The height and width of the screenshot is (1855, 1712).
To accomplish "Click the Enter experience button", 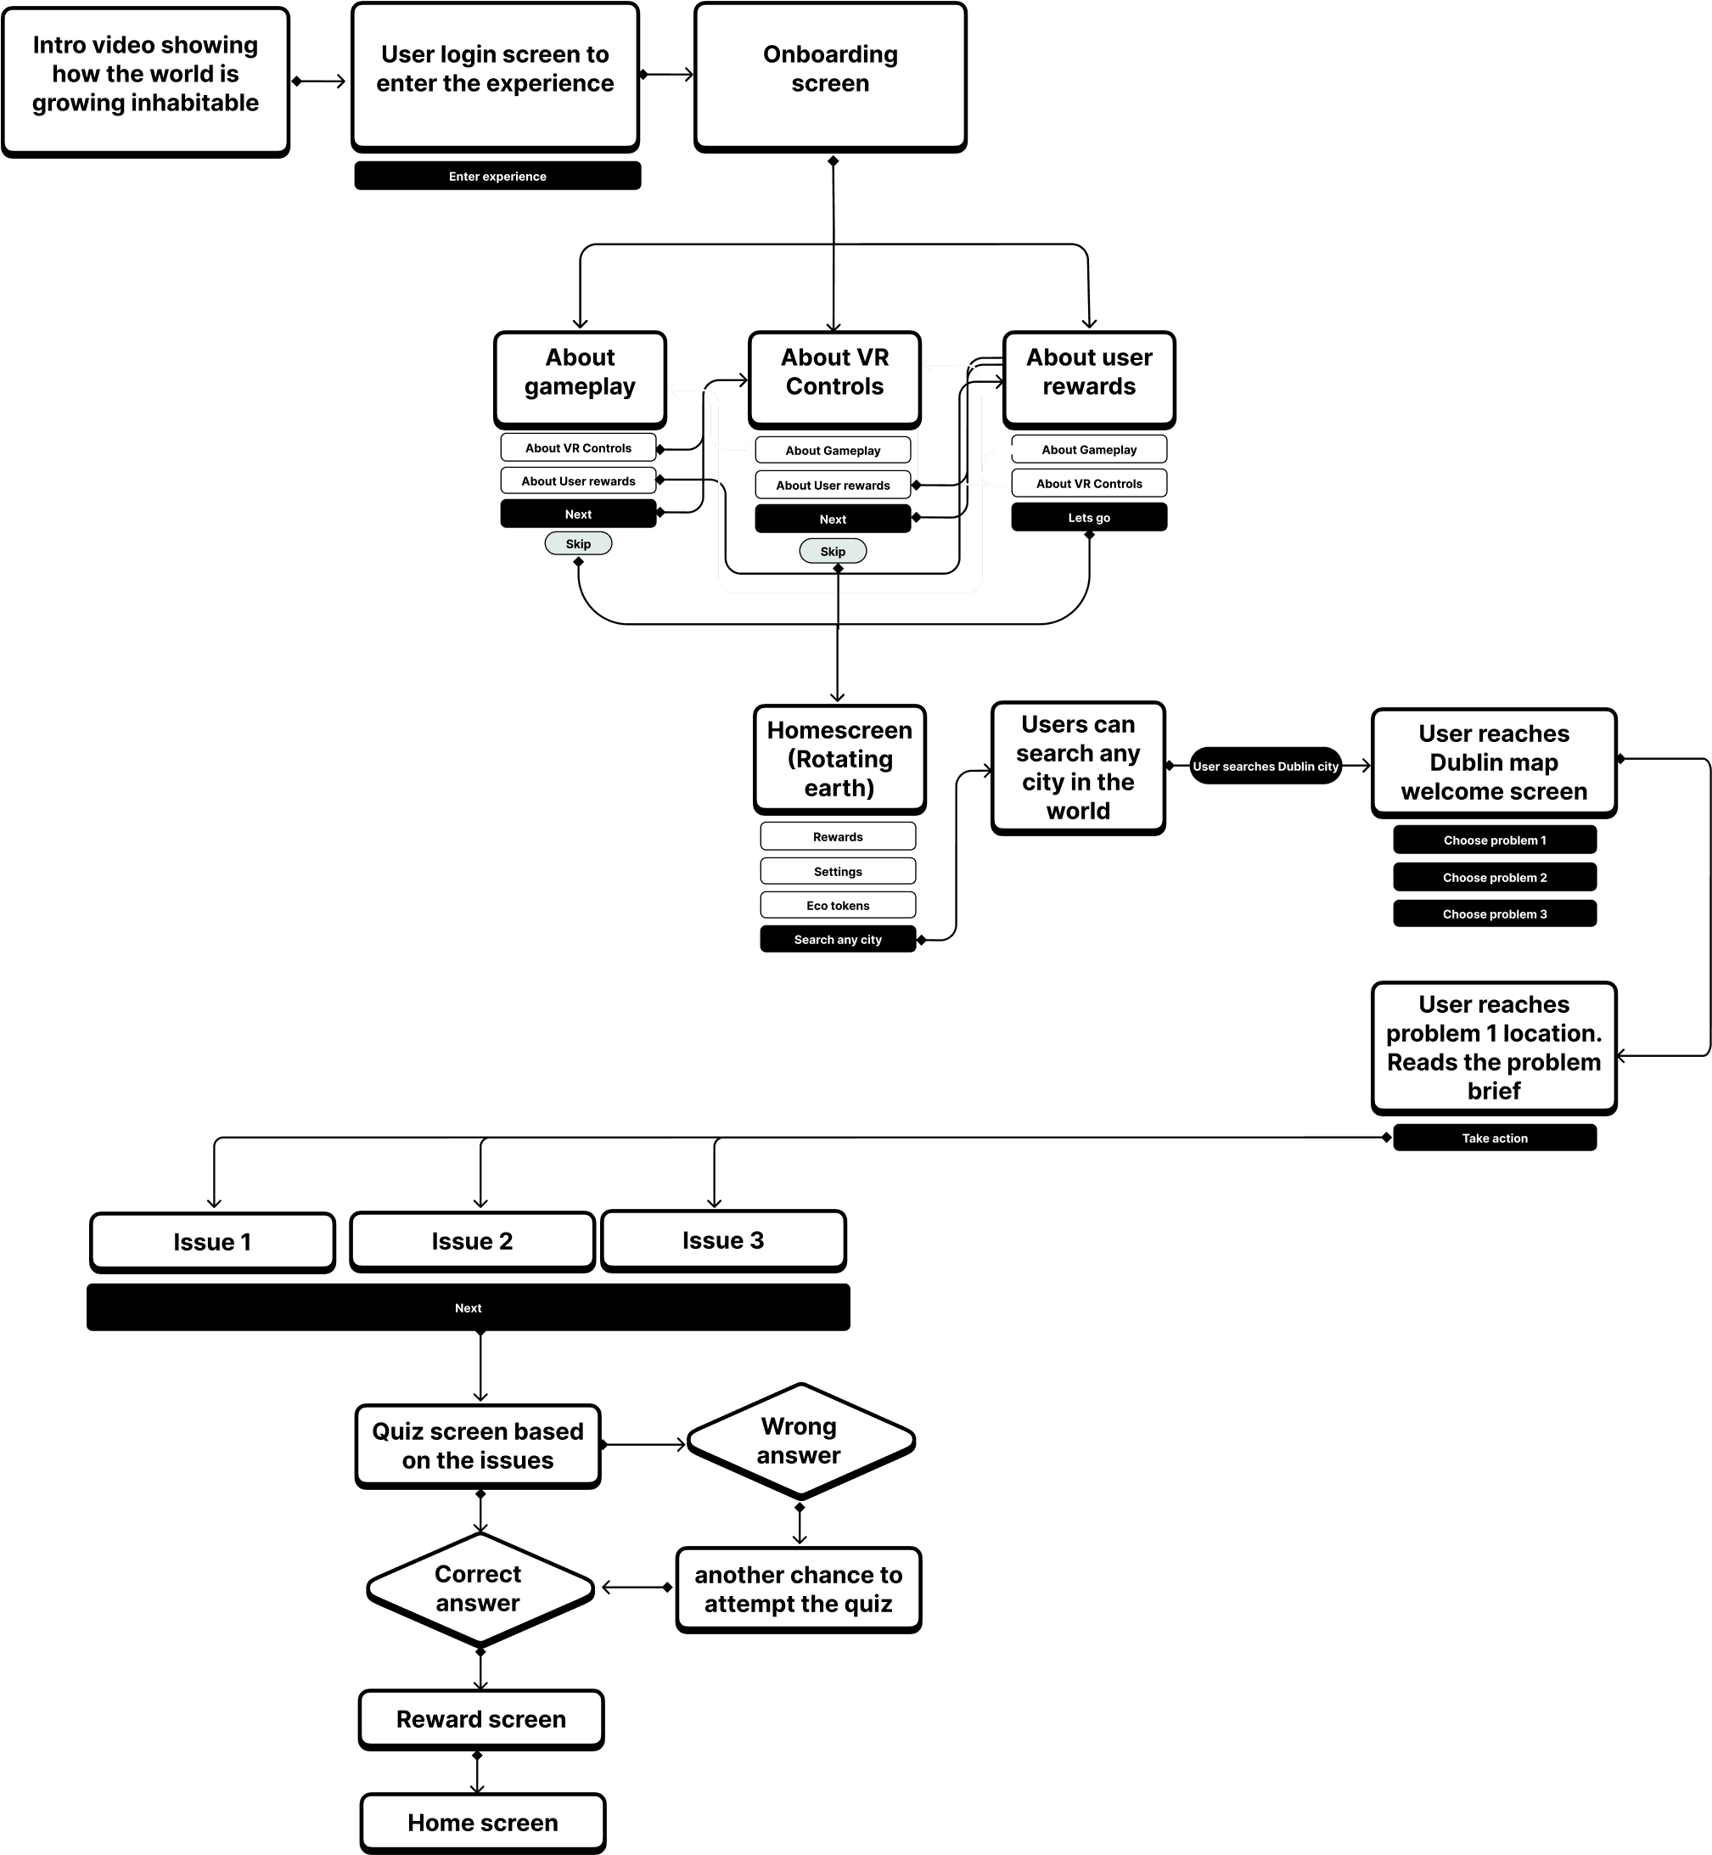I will pos(497,176).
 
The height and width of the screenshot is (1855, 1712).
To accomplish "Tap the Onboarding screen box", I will pos(830,76).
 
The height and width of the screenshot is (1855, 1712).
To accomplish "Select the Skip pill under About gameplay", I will pos(578,544).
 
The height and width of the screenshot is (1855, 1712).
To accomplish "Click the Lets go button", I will pos(1088,517).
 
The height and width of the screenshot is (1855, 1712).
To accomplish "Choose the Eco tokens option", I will pos(838,905).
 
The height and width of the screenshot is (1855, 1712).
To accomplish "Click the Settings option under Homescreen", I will pos(838,871).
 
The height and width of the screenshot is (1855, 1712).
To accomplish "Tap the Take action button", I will pos(1495,1138).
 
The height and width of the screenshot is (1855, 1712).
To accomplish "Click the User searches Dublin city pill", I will pos(1266,767).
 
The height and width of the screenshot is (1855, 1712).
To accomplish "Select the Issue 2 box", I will pos(472,1240).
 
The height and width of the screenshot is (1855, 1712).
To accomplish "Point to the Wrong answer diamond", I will pos(800,1441).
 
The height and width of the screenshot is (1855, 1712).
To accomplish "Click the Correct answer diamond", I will pos(479,1588).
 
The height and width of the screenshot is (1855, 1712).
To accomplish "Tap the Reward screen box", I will pos(480,1719).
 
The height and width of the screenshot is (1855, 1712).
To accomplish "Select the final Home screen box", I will pos(483,1823).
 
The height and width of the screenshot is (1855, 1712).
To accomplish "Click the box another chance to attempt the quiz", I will pos(799,1589).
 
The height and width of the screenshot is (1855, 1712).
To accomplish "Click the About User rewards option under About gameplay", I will pos(578,481).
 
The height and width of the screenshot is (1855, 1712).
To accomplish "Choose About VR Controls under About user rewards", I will pos(1088,484).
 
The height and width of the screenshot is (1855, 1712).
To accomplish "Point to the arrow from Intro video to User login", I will pos(320,82).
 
